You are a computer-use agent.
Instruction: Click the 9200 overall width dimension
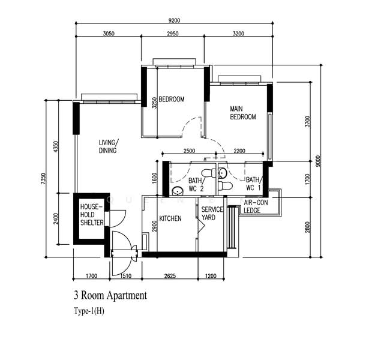click(174, 20)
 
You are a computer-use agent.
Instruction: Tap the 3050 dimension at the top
click(109, 34)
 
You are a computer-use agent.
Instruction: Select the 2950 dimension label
click(173, 34)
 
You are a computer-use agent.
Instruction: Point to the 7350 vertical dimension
click(43, 179)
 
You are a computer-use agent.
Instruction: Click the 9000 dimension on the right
click(318, 161)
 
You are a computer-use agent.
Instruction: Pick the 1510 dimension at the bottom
click(125, 276)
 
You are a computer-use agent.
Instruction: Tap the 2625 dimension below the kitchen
click(170, 276)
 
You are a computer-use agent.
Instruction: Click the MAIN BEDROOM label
click(243, 113)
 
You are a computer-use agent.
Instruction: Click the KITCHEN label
click(170, 218)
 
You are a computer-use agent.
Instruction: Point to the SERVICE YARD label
click(212, 213)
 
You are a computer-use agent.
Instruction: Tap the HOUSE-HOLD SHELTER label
click(92, 215)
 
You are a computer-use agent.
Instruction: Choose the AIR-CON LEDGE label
click(256, 206)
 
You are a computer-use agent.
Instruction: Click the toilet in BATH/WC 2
click(209, 173)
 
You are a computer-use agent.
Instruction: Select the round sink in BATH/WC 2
click(178, 191)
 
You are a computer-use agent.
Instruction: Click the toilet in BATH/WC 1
click(225, 186)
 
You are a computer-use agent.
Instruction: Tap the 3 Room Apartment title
click(110, 295)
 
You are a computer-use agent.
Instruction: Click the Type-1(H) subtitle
click(89, 311)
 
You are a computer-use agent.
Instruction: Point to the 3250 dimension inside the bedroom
click(155, 103)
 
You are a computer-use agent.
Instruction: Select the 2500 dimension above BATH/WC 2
click(189, 151)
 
